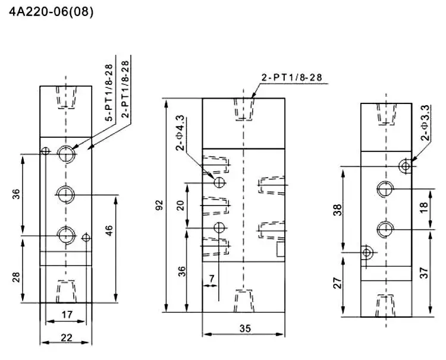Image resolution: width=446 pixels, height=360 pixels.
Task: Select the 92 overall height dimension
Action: coord(159,205)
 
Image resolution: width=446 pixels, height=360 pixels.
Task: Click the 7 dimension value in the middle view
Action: coord(211,277)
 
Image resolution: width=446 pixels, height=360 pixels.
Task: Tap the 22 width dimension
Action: coord(66,337)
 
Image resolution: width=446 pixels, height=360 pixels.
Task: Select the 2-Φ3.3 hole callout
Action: coord(425,123)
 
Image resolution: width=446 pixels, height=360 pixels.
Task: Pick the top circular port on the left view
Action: coord(66,154)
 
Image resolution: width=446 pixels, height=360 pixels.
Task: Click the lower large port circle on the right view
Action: coord(385,228)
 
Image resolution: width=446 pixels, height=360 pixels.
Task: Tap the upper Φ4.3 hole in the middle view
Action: coord(219,182)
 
